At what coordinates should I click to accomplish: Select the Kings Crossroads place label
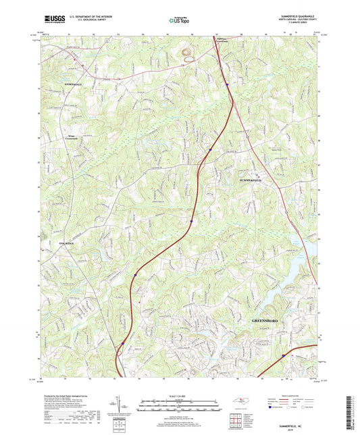[70, 136]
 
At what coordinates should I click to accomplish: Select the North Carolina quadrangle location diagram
[242, 403]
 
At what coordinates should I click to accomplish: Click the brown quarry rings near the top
[187, 53]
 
